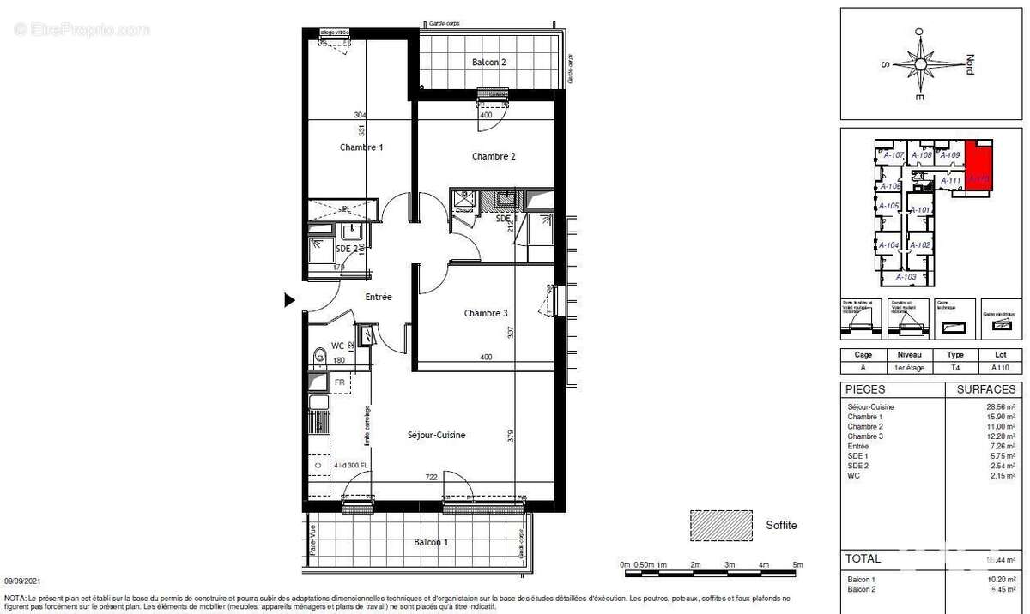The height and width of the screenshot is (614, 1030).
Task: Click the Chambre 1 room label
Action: [x=360, y=147]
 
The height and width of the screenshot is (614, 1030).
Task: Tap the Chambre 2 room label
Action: [x=494, y=156]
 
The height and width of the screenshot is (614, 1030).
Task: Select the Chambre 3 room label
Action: [x=486, y=314]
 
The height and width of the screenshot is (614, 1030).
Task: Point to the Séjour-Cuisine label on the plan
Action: [x=436, y=436]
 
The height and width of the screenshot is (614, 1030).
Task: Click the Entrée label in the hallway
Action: [x=379, y=297]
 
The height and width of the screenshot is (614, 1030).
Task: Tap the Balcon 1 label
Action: [x=430, y=542]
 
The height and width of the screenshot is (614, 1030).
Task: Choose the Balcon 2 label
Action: [x=489, y=63]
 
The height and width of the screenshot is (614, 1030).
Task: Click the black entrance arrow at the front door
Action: [x=290, y=299]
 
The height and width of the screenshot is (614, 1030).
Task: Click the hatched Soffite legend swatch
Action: [x=721, y=525]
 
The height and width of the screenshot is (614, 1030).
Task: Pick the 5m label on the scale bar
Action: [x=797, y=564]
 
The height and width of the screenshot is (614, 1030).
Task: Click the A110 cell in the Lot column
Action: [x=1000, y=367]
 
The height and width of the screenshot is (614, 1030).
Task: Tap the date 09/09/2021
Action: [x=24, y=580]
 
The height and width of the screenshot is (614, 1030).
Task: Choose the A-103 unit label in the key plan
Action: [x=906, y=277]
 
